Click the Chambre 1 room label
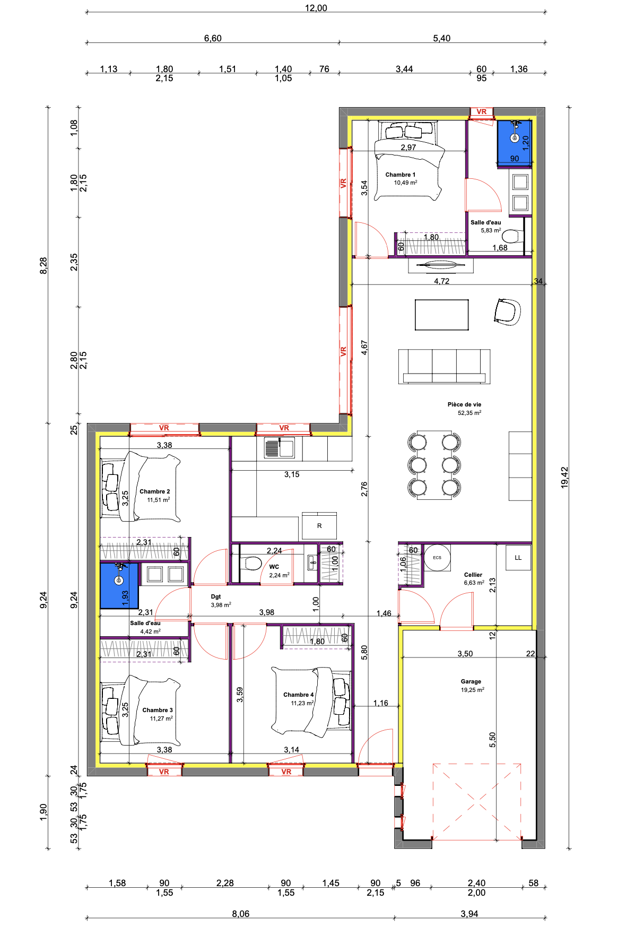(400, 175)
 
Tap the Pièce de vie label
(464, 404)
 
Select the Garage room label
(471, 681)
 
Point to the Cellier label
(473, 575)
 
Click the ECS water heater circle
(437, 557)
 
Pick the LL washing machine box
(518, 558)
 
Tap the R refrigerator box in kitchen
(319, 526)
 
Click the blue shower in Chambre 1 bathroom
(514, 143)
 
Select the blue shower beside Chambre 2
(119, 585)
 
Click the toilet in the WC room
(250, 563)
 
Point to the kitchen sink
(280, 448)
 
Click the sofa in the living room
(445, 366)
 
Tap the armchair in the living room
(507, 311)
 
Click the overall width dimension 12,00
(316, 8)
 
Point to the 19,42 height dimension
(564, 478)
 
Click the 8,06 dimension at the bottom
(240, 914)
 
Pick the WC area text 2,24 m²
(279, 575)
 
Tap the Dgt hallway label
(216, 596)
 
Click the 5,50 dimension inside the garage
(492, 739)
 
